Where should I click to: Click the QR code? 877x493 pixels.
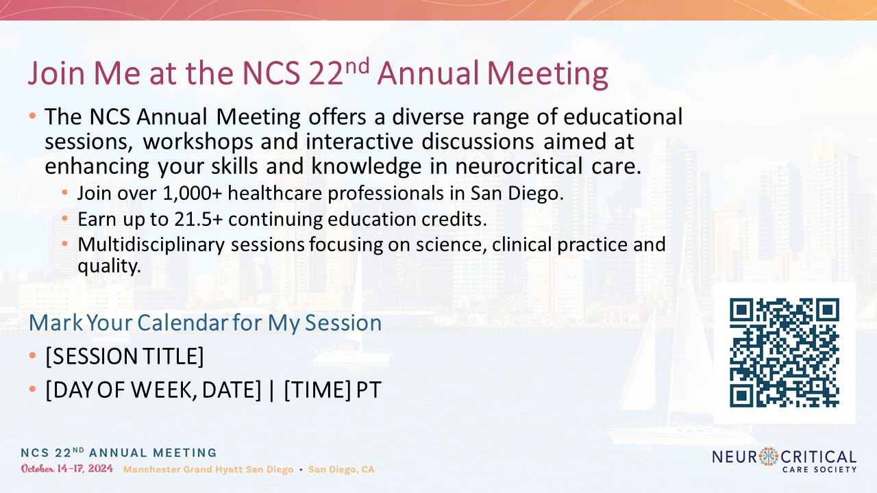point(785,353)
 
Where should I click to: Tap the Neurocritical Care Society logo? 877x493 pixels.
point(785,461)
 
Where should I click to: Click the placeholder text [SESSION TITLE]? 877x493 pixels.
point(125,356)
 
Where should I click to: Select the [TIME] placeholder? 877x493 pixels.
point(317,390)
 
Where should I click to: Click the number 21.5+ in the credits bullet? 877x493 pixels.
point(199,219)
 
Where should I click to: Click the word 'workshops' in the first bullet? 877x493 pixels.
point(198,142)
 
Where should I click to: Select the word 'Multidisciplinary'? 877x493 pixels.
point(151,245)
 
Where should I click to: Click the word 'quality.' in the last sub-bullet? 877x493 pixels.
point(109,266)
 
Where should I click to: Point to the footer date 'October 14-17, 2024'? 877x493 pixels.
point(67,469)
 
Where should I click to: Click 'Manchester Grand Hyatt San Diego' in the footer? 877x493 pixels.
point(208,470)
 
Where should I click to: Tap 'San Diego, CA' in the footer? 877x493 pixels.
point(341,470)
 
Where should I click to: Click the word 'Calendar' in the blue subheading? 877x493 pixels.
point(182,323)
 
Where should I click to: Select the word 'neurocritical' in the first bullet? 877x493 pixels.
point(519,166)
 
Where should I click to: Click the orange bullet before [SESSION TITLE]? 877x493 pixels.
point(32,355)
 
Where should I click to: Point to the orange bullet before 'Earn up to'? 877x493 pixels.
point(64,218)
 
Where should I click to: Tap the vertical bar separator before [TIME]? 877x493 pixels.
point(272,390)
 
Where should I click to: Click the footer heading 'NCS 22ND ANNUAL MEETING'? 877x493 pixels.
point(119,453)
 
